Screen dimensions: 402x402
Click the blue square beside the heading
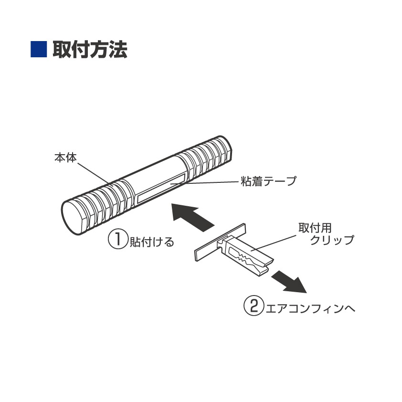coord(38,49)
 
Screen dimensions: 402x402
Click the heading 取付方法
coord(90,49)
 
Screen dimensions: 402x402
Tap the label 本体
coord(65,158)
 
